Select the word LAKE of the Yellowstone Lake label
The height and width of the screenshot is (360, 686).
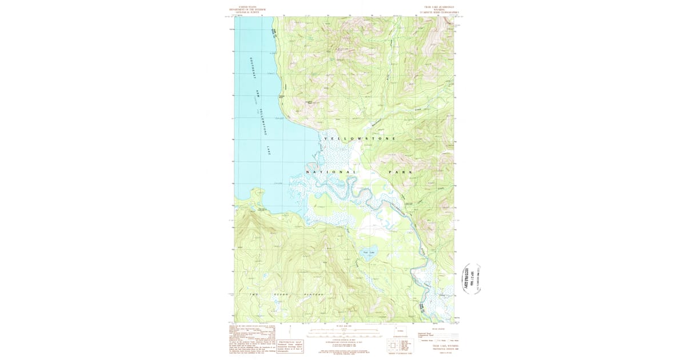pos(269,150)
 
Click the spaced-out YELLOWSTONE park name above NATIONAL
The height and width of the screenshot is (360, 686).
pos(360,139)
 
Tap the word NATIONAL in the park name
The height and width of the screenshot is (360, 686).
pos(332,172)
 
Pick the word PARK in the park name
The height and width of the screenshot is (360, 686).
pos(400,172)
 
